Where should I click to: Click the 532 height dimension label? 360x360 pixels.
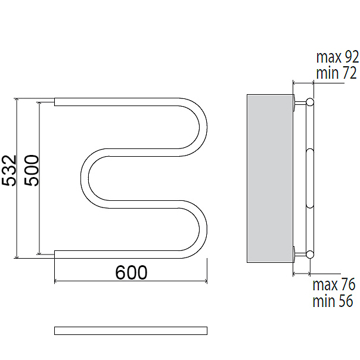click(x=9, y=170)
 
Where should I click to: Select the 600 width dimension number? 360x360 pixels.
click(x=131, y=272)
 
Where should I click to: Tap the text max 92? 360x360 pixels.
click(x=337, y=57)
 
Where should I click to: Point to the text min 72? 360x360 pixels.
click(x=337, y=73)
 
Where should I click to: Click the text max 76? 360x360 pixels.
click(x=334, y=284)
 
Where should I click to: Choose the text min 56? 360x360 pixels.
click(x=333, y=301)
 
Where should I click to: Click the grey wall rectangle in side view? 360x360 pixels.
click(x=270, y=178)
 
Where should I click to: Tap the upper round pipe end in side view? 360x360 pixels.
click(x=310, y=102)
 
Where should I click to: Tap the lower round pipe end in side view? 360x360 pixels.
click(x=310, y=254)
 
